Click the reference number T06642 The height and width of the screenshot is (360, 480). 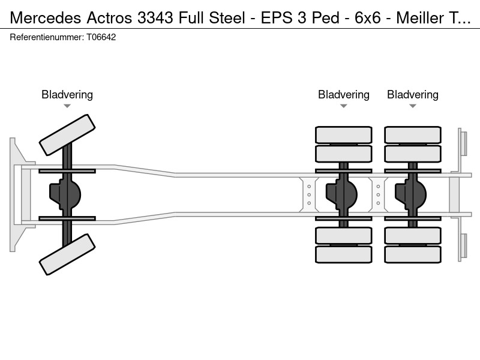tap(101, 37)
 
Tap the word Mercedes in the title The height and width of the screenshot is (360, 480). tap(46, 18)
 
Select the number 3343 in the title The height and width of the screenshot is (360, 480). tap(155, 18)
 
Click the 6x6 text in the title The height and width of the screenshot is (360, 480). tap(368, 18)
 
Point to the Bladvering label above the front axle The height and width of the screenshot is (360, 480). tap(67, 95)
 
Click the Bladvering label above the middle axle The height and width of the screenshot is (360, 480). tap(343, 95)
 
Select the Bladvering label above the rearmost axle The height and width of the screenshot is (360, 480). tap(413, 95)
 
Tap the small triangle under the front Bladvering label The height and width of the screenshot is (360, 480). tap(67, 106)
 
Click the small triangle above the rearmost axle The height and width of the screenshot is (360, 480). tap(413, 106)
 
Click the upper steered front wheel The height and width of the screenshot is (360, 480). tap(67, 135)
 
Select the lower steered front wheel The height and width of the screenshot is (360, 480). tap(67, 254)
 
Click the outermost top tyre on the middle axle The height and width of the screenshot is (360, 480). tap(343, 134)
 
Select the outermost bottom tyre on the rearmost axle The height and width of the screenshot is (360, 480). tap(413, 254)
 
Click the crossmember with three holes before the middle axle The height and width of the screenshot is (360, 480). tap(309, 194)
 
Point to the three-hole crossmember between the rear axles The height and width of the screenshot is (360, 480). tap(378, 194)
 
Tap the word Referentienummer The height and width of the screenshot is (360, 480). tap(47, 37)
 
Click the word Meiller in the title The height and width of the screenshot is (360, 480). tap(420, 18)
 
